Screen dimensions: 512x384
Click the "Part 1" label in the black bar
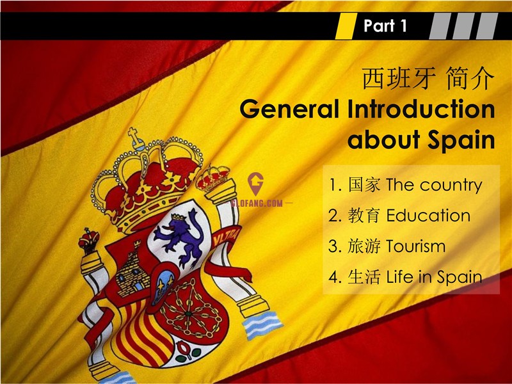coord(385,26)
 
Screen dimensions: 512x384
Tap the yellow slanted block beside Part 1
coord(346,26)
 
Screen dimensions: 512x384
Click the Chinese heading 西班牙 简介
coord(428,78)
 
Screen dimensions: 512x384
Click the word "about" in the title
coord(383,139)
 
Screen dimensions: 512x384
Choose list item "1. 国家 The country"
coord(405,185)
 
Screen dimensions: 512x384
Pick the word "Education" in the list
coord(428,216)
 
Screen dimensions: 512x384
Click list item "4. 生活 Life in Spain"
coord(405,277)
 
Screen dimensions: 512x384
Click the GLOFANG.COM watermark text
coord(257,204)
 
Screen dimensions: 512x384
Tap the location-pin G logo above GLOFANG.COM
coord(255,184)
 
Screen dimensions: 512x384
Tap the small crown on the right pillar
coord(212,178)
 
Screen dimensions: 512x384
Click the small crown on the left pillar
coord(88,241)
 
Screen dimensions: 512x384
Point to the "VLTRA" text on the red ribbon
coord(226,237)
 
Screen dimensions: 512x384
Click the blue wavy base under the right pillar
coord(262,324)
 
